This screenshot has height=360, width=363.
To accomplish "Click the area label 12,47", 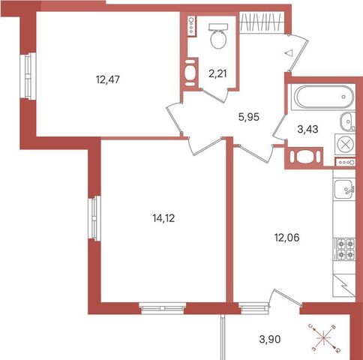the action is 108,79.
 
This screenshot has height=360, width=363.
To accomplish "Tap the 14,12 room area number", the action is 163,218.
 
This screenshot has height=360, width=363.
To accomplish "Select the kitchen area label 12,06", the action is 286,238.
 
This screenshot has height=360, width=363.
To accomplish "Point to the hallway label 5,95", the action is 249,117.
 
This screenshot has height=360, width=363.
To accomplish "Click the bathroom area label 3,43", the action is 307,129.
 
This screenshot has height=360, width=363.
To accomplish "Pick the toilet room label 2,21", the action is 217,74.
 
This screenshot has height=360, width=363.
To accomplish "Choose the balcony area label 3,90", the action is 270,339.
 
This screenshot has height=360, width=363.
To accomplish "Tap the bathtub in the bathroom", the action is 324,97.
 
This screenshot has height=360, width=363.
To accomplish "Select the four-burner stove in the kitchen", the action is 344,249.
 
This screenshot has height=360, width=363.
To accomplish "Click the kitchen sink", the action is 345,189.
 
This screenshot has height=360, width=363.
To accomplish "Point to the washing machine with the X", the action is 345,144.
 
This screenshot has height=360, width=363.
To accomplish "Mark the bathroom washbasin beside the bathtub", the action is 347,121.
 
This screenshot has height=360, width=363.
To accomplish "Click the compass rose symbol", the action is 323,338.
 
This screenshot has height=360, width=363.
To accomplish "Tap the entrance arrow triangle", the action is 289,53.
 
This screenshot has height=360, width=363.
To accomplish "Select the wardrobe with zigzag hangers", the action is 262,22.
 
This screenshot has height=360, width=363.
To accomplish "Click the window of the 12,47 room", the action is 28,76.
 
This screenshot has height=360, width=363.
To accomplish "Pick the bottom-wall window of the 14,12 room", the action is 163,308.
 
